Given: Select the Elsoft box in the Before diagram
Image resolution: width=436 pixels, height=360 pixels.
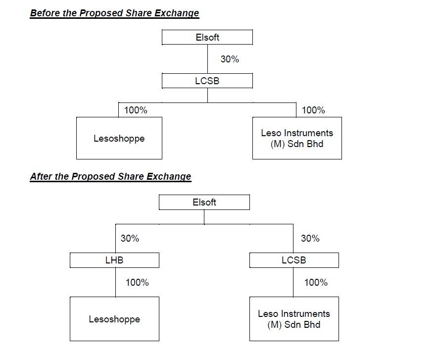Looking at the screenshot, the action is click(x=207, y=37).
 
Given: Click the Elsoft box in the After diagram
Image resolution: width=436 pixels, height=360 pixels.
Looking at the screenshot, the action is click(x=204, y=202).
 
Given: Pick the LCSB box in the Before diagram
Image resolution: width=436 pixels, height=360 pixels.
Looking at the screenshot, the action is click(x=207, y=81).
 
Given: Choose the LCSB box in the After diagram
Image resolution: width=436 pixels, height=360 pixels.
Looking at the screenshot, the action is click(x=294, y=260).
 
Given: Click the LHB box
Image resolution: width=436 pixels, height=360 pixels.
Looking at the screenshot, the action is click(x=114, y=260).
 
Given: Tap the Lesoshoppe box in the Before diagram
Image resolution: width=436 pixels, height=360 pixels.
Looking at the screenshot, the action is click(x=119, y=138).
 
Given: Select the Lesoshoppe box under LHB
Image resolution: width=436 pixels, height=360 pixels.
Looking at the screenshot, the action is click(x=114, y=319).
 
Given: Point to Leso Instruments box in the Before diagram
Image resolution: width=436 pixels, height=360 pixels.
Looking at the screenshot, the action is click(x=297, y=138).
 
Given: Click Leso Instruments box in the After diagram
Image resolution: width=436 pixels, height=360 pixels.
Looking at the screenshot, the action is click(x=294, y=319).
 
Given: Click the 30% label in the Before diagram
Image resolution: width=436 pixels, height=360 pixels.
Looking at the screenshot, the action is click(x=230, y=59).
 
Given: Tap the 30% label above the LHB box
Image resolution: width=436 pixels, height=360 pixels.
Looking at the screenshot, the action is click(x=130, y=238).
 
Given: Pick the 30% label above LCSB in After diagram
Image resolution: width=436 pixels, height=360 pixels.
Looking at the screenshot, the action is click(x=310, y=238).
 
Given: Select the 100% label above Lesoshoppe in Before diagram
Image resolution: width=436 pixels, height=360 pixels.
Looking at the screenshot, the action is click(x=136, y=110).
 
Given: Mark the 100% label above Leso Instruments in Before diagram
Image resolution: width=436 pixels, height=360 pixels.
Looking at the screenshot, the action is click(x=313, y=110).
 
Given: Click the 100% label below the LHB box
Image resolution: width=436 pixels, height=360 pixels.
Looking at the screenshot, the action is click(x=137, y=282).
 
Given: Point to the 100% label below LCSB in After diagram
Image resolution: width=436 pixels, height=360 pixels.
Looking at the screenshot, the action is click(x=316, y=282).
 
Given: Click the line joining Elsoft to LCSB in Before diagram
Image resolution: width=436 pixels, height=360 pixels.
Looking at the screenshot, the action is click(x=207, y=59).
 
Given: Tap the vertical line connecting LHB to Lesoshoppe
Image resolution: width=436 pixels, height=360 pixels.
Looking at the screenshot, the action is click(x=115, y=282).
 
